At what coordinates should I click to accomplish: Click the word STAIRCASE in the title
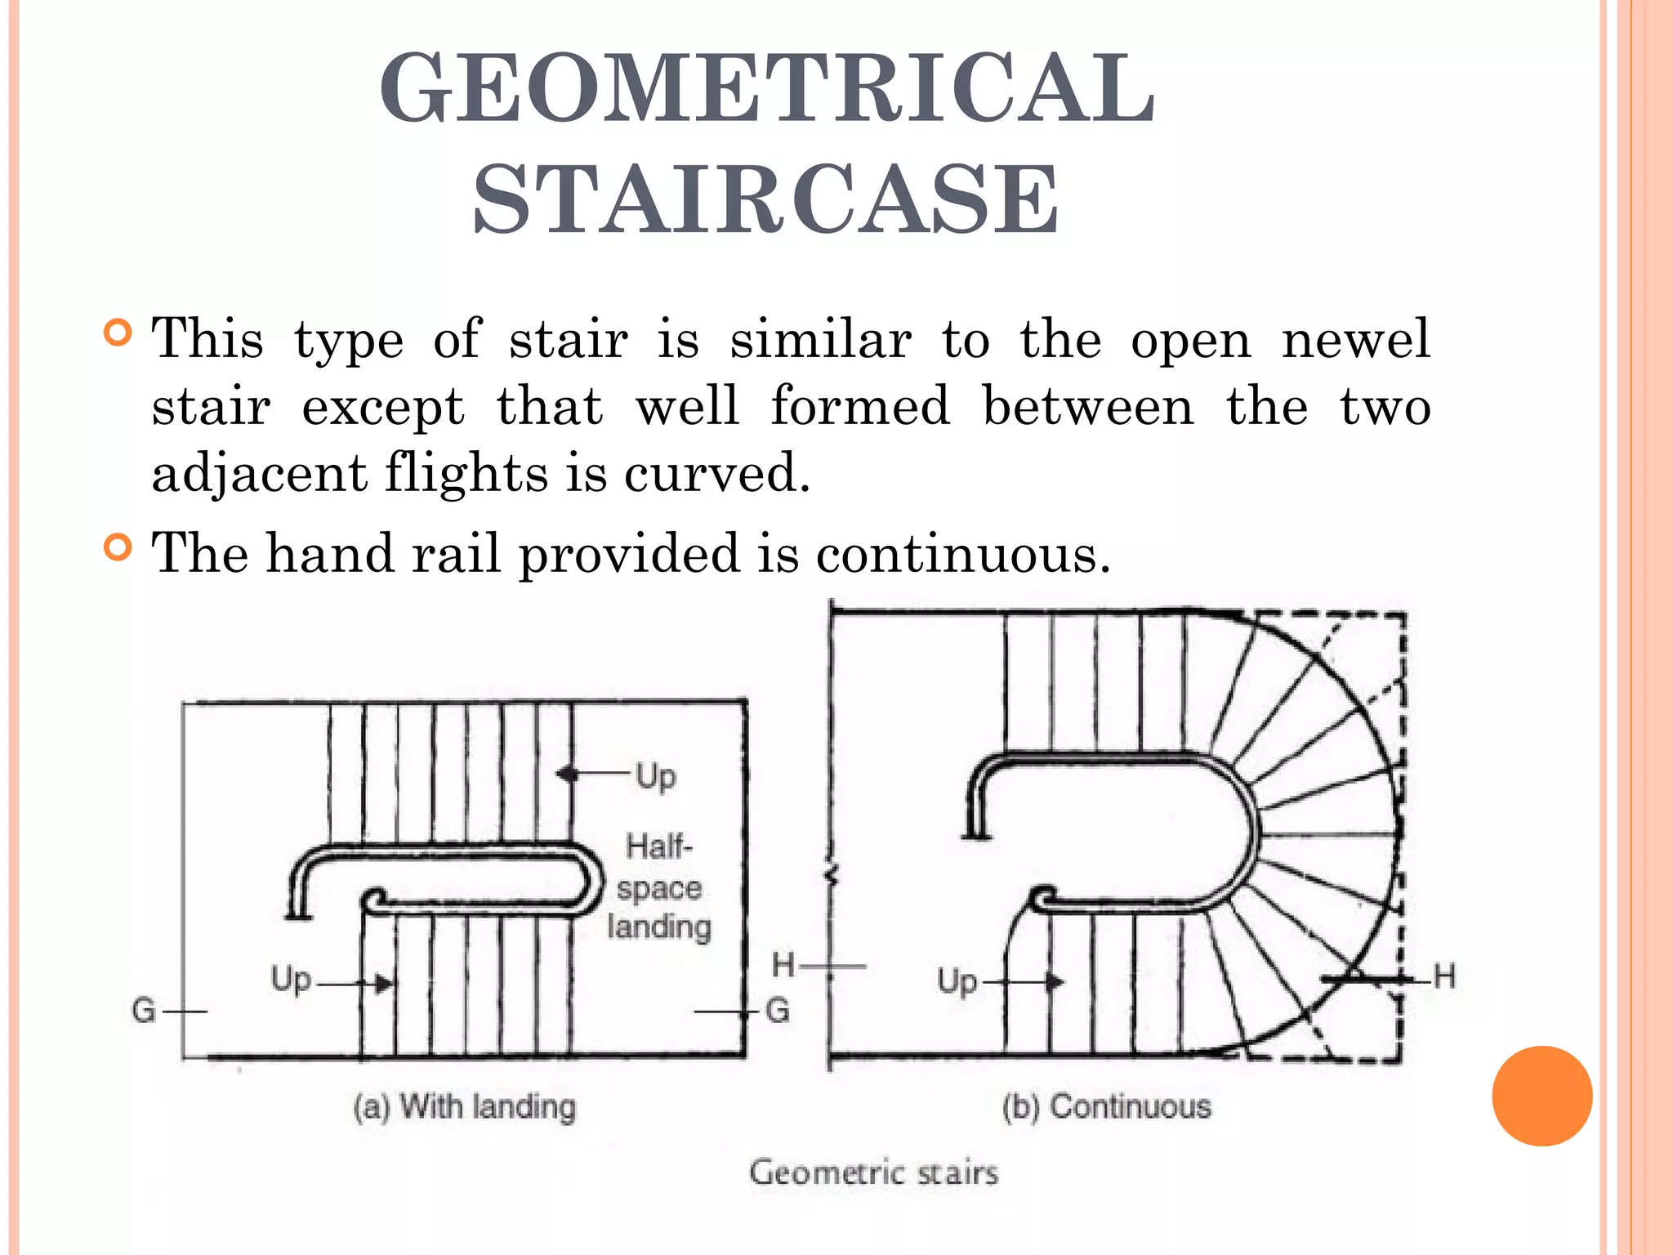click(x=766, y=199)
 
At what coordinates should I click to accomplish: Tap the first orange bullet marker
click(x=118, y=333)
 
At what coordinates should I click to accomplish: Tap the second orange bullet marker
click(x=118, y=547)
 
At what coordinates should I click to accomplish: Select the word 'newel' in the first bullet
click(x=1355, y=338)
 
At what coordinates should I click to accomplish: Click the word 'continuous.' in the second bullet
click(x=963, y=554)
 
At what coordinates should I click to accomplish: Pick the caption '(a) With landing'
click(x=464, y=1107)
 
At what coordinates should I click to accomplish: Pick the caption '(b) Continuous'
click(x=1106, y=1106)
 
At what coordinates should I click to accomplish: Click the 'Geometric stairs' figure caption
click(x=873, y=1172)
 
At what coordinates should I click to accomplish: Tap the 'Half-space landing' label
click(x=658, y=887)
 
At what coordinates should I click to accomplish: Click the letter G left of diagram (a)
click(x=144, y=1012)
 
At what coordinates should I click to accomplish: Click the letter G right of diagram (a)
click(x=778, y=1012)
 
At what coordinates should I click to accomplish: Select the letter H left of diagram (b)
click(x=783, y=965)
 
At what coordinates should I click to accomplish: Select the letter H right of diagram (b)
click(x=1444, y=976)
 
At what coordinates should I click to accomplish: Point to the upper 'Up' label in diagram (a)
click(x=656, y=776)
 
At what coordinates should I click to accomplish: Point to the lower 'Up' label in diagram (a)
click(x=291, y=980)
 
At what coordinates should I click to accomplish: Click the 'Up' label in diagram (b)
click(x=957, y=980)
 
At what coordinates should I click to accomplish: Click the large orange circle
click(x=1541, y=1096)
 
